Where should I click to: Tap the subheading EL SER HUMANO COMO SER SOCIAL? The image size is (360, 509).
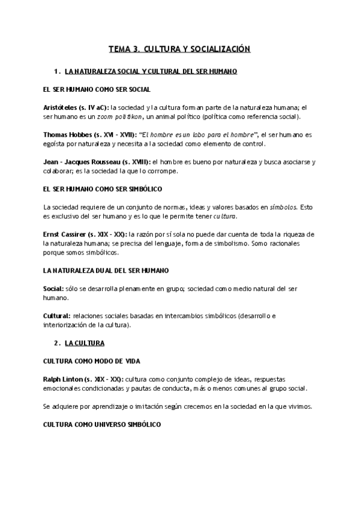point(97,89)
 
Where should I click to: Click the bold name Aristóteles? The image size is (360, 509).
point(62,106)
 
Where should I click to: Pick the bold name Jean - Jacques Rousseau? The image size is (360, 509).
point(83,161)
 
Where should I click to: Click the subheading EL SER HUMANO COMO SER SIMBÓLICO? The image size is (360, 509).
point(103,189)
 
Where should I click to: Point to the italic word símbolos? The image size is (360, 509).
point(283,206)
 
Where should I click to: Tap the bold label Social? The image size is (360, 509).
point(53,288)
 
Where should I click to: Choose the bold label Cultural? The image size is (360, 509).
point(56,316)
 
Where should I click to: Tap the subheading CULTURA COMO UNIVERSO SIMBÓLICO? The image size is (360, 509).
point(101,423)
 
